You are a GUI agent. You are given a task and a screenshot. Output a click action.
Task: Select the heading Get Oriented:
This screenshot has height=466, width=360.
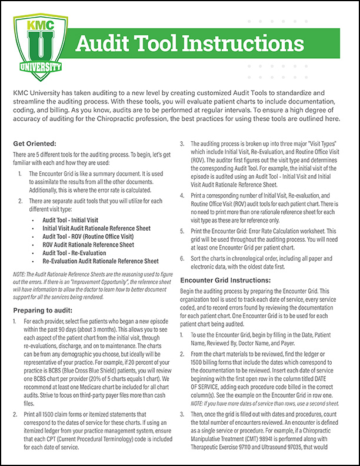[35, 143]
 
